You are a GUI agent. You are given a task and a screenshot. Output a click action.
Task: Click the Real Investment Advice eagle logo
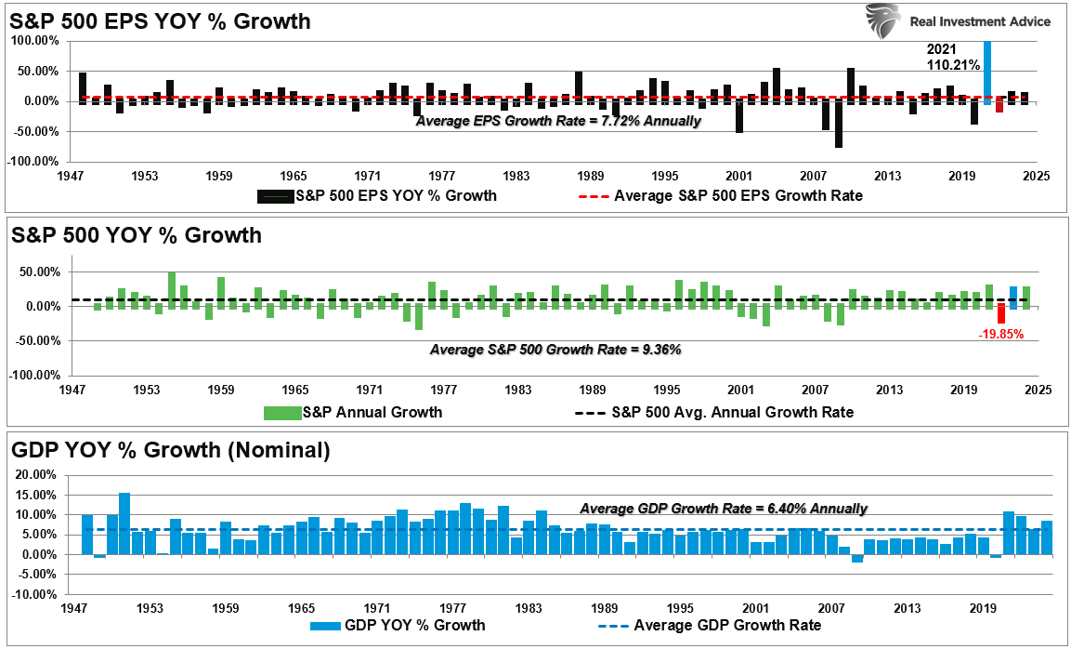882,21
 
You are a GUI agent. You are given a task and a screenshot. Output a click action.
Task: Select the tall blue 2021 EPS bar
987,70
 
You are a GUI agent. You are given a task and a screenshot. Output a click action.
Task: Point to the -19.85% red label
999,335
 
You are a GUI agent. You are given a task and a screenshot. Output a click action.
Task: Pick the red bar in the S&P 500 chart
1001,313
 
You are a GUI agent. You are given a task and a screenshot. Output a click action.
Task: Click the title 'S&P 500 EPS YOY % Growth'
161,20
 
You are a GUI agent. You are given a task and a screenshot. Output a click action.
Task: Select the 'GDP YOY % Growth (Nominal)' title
171,451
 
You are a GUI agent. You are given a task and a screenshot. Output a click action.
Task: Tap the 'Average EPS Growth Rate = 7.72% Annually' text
558,121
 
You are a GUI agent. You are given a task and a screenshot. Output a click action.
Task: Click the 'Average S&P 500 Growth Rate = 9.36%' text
555,350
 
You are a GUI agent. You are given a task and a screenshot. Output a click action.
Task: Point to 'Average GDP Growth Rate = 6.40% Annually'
724,509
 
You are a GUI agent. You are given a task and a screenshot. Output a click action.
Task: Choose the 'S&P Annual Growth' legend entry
353,411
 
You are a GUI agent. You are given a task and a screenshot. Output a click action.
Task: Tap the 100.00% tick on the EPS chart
35,41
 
